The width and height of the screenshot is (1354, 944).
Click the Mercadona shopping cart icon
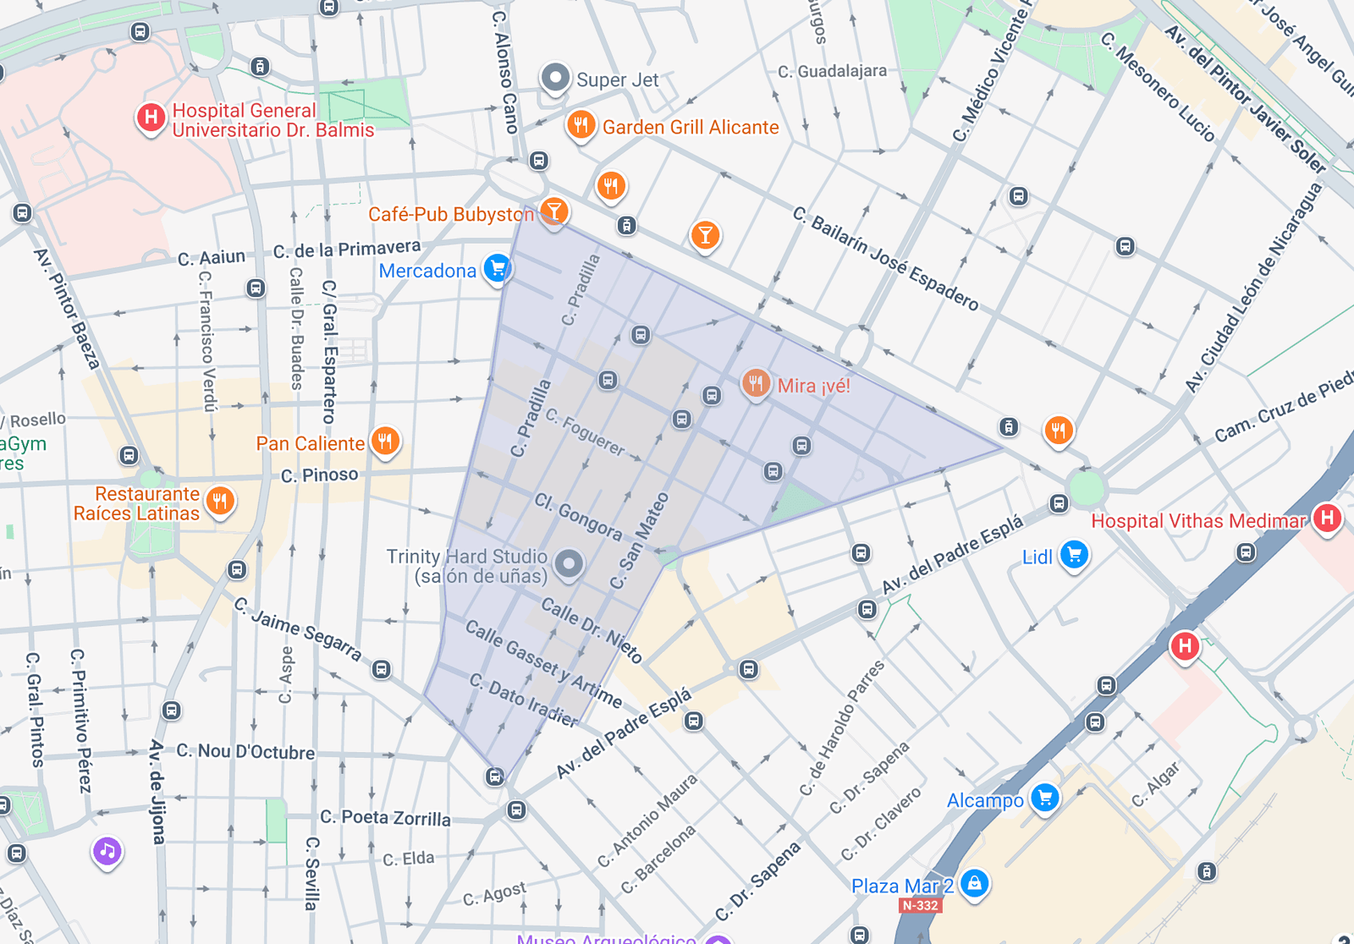coord(498,269)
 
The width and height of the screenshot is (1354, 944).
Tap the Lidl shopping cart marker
coord(1075,555)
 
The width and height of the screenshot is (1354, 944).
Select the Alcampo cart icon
coord(1045,798)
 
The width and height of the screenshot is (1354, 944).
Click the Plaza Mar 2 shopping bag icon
coord(975,884)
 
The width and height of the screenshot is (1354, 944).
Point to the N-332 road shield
coord(920,906)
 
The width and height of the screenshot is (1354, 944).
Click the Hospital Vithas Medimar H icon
coord(1327,518)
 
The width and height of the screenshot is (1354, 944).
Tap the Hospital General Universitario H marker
coord(151,118)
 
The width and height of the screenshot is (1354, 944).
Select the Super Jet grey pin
coord(555,79)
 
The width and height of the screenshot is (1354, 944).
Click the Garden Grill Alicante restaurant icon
coord(581,125)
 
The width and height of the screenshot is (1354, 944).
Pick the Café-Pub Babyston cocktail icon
coord(553,211)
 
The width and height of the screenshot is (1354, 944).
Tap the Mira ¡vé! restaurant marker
coord(756,383)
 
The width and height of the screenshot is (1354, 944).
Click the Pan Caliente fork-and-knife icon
coord(386,440)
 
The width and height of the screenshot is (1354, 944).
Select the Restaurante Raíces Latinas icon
coord(220,501)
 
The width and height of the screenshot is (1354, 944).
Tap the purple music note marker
coord(107,851)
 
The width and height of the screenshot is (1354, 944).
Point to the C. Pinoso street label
coord(320,475)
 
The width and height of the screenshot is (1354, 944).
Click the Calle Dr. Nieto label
coord(592,630)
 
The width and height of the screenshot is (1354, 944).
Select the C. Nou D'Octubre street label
coord(245,751)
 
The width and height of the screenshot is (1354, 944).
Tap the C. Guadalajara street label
coord(832,72)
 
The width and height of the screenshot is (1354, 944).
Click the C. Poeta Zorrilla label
coord(385,818)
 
